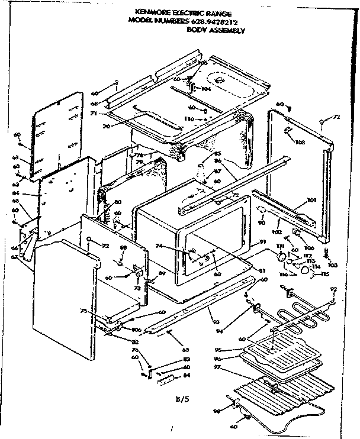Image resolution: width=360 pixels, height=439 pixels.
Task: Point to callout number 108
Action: (x=301, y=142)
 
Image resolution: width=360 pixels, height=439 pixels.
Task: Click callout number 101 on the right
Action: (x=311, y=201)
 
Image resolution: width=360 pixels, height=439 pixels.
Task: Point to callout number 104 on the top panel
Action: (x=206, y=89)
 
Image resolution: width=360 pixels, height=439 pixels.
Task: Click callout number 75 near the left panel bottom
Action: (x=83, y=311)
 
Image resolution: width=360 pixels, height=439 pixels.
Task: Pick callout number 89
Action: (x=161, y=273)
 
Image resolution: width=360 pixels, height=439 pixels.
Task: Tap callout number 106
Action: (x=309, y=248)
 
